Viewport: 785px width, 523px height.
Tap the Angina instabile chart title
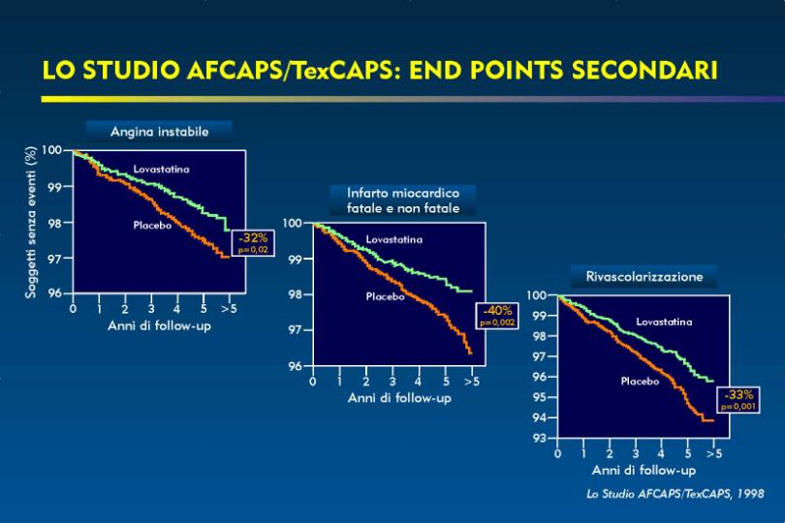[x=159, y=132]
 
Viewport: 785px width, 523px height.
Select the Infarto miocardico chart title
[x=403, y=200]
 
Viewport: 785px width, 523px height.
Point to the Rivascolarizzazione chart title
[x=644, y=276]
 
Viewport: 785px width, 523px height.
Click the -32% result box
[x=253, y=242]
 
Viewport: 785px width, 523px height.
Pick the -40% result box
[x=496, y=316]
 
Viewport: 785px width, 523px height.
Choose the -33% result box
[x=738, y=399]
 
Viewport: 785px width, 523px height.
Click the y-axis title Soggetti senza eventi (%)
[x=31, y=222]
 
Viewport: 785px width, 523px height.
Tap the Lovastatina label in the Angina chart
[x=161, y=169]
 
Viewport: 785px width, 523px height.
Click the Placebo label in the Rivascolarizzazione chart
[x=640, y=382]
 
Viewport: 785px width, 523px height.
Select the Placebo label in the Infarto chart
[x=385, y=296]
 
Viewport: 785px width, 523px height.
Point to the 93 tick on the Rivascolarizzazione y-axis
[x=539, y=439]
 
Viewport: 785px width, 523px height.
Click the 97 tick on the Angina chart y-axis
[x=55, y=259]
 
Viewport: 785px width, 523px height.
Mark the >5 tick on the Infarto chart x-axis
[x=472, y=382]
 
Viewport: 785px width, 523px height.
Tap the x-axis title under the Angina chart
[x=159, y=326]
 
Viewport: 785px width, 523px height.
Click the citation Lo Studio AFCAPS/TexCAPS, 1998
[x=675, y=494]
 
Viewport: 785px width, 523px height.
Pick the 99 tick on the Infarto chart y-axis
[x=296, y=260]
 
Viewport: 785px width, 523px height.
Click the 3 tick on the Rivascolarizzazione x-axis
[x=636, y=454]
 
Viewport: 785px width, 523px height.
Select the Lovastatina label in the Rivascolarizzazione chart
[x=664, y=322]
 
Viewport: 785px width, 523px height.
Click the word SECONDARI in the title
[x=644, y=70]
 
